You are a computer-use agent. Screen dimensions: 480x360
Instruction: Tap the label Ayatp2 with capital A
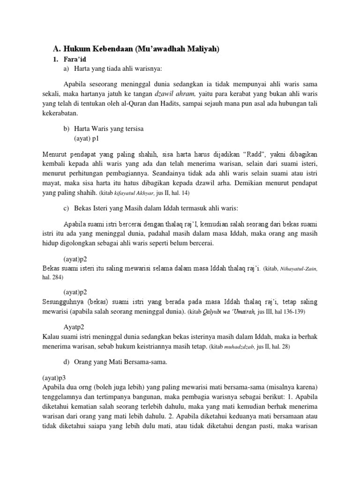click(74, 326)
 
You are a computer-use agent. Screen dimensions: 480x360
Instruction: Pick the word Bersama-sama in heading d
click(141, 362)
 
